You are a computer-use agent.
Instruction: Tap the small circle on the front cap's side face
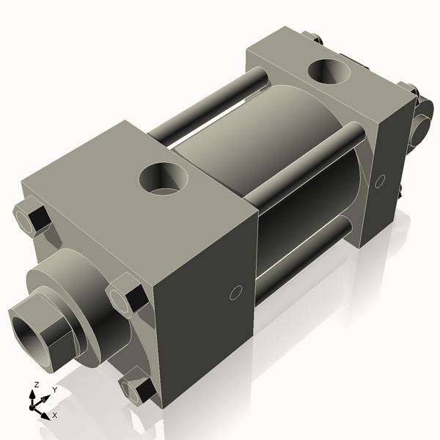235,293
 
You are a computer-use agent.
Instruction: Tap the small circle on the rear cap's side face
380,180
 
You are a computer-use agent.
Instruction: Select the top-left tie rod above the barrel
205,103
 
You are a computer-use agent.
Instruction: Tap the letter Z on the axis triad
34,385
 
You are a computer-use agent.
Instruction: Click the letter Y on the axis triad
54,391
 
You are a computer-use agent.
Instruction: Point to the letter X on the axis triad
54,415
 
